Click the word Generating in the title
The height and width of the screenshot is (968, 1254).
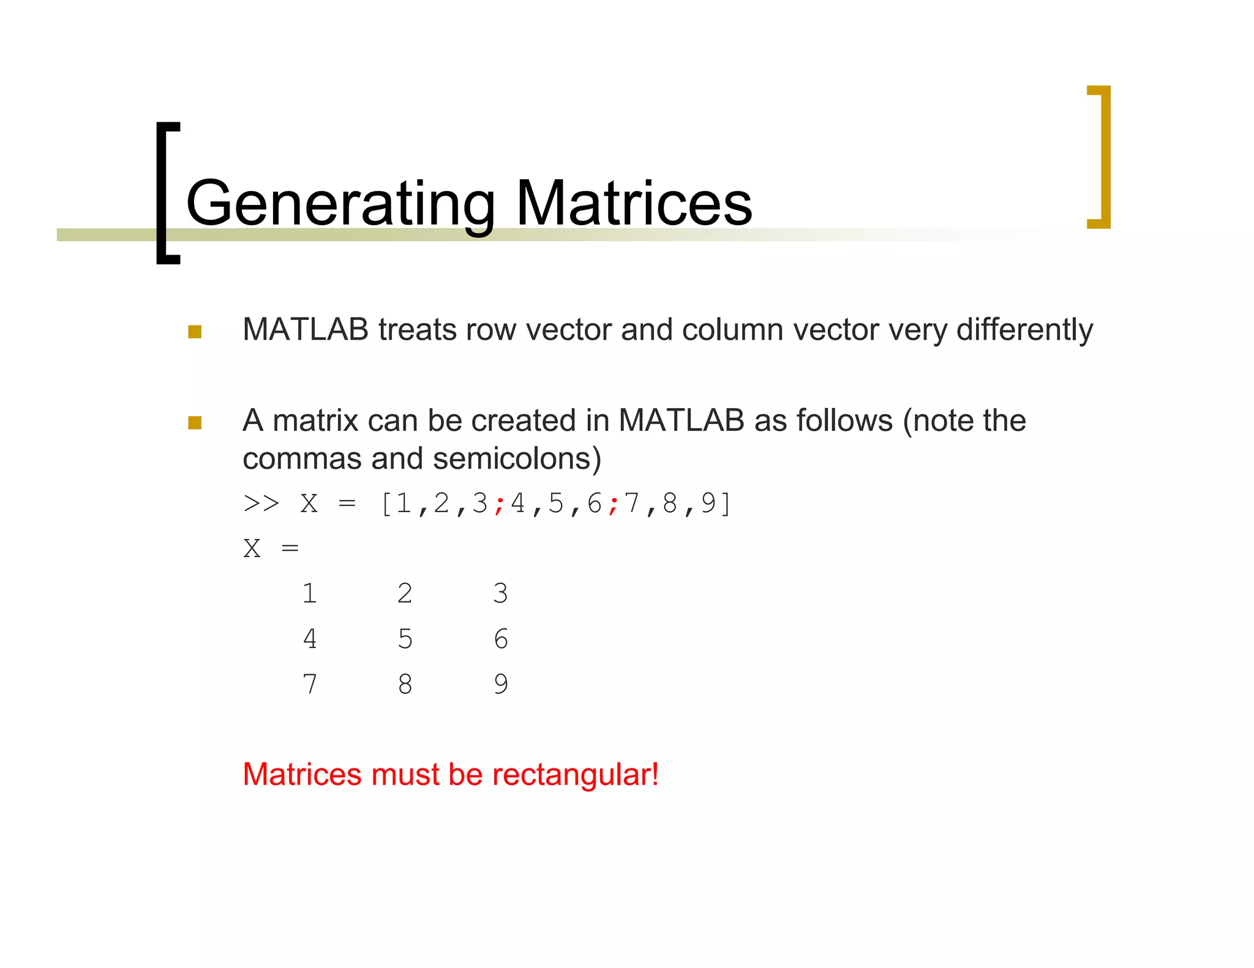click(340, 204)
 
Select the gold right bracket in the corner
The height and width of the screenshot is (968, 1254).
click(1103, 157)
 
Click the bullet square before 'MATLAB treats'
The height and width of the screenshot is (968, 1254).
click(195, 332)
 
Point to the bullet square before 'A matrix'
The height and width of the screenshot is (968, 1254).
click(195, 423)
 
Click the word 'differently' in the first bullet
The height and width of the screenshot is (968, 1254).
click(1024, 330)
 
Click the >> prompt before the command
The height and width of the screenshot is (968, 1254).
click(261, 504)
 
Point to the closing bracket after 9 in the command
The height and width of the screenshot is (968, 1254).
click(726, 504)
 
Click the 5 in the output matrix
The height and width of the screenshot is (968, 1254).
click(405, 639)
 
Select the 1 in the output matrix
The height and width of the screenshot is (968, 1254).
click(310, 594)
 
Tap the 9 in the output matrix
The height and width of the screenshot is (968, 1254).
click(501, 684)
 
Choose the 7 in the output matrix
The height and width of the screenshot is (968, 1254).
click(310, 684)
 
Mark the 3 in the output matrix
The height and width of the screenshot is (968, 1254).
click(500, 594)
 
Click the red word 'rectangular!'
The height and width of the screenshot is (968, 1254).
click(576, 775)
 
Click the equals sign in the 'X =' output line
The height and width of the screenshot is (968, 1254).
click(290, 548)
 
